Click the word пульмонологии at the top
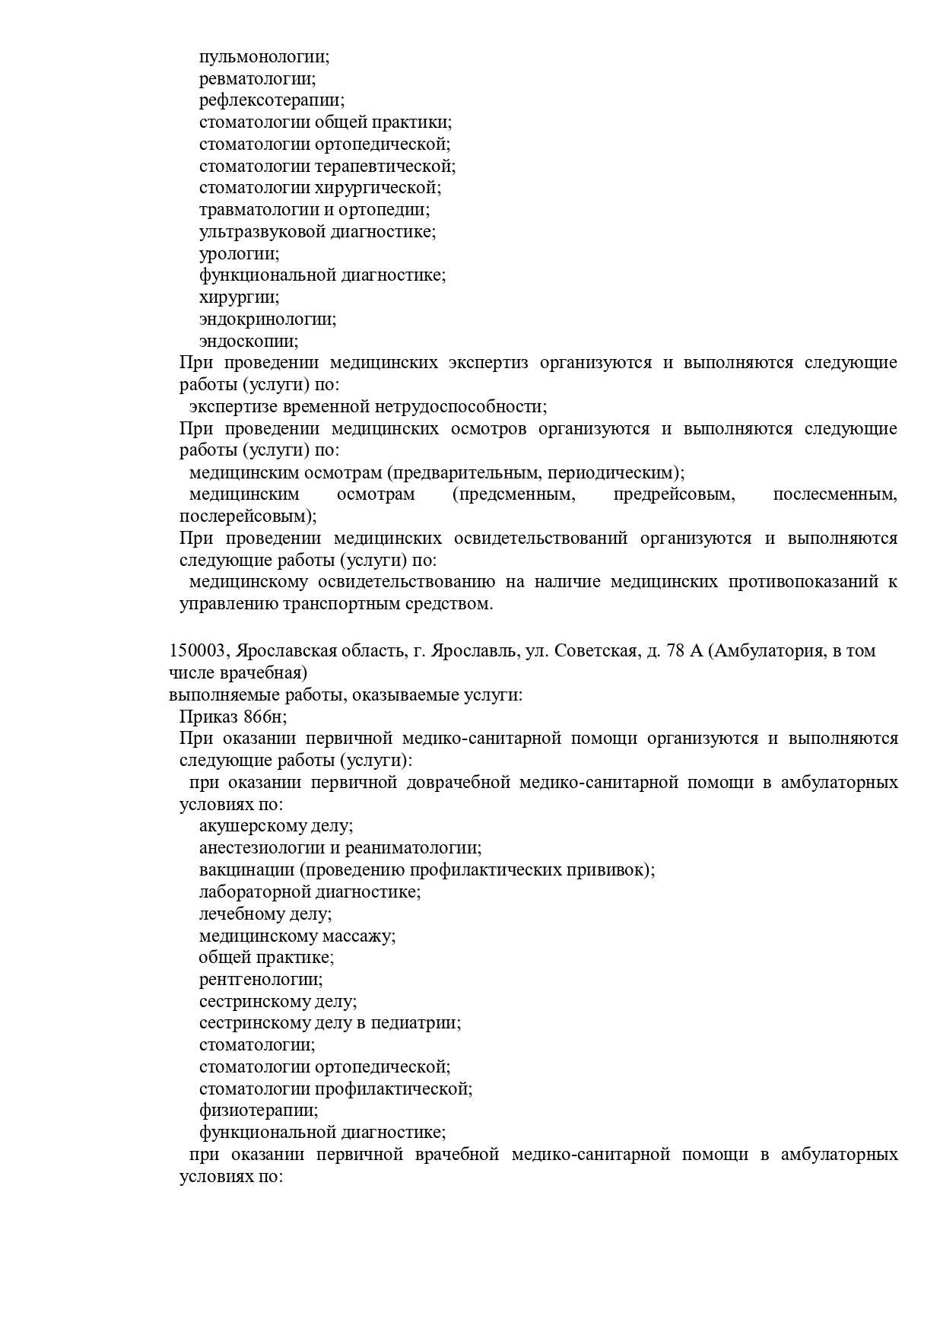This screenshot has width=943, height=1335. coord(263,57)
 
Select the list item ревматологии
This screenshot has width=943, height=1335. coord(257,78)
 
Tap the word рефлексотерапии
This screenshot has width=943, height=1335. coord(271,100)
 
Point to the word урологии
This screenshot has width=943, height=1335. coord(239,254)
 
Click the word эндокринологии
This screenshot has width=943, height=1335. coord(267,319)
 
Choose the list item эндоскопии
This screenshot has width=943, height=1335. coord(248,342)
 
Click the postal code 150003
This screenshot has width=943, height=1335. coord(197,652)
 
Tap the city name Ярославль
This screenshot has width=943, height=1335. coord(475,652)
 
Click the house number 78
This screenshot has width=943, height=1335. coord(675,652)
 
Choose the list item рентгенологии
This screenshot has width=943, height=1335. coord(260,980)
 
